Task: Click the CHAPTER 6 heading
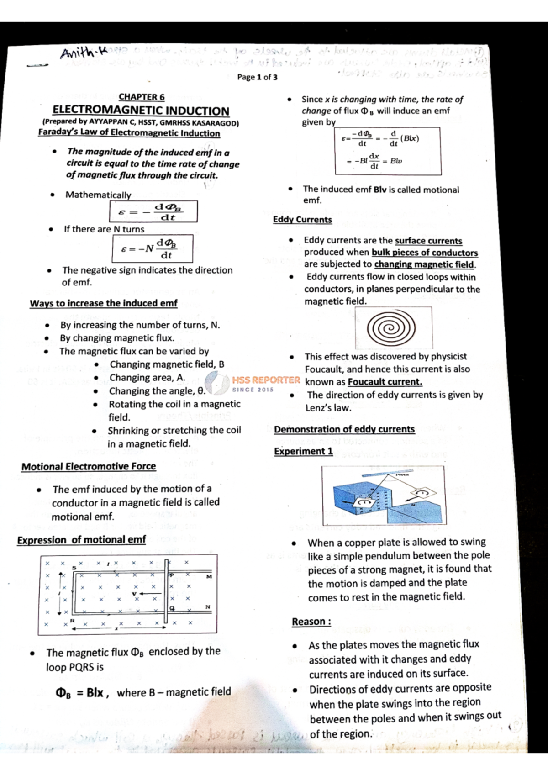pyautogui.click(x=142, y=97)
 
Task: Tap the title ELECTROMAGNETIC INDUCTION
pyautogui.click(x=141, y=111)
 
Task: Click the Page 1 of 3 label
pyautogui.click(x=257, y=77)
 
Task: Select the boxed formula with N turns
pyautogui.click(x=152, y=248)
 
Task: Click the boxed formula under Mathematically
pyautogui.click(x=153, y=211)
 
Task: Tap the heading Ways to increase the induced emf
pyautogui.click(x=104, y=303)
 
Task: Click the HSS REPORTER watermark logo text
pyautogui.click(x=266, y=380)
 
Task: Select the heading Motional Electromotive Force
pyautogui.click(x=89, y=467)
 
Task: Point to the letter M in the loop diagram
pyautogui.click(x=209, y=576)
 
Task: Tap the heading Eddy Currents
pyautogui.click(x=302, y=220)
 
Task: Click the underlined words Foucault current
pyautogui.click(x=385, y=382)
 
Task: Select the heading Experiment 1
pyautogui.click(x=303, y=451)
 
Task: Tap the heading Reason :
pyautogui.click(x=311, y=622)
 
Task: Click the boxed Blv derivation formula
pyautogui.click(x=388, y=151)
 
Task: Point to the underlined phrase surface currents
pyautogui.click(x=428, y=241)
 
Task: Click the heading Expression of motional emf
pyautogui.click(x=81, y=540)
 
